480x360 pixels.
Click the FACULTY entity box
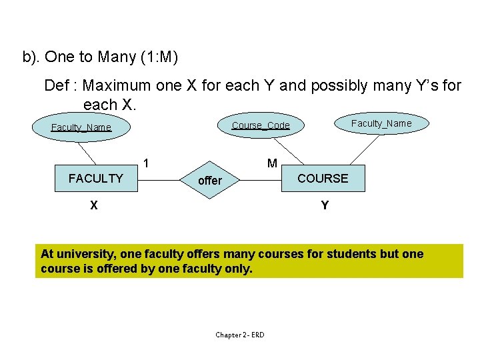[x=96, y=179]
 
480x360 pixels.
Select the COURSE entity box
[x=323, y=178]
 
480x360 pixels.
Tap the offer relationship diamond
[x=210, y=180]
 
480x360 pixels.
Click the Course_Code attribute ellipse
[x=261, y=125]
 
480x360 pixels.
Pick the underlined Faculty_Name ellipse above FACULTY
[x=81, y=127]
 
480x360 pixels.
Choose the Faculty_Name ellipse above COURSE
[x=381, y=123]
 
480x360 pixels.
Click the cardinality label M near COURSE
[x=272, y=163]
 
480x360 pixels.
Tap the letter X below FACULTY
[x=95, y=205]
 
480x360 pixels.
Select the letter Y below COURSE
[x=325, y=205]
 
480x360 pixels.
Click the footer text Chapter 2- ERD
[x=239, y=335]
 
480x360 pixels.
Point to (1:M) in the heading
[x=159, y=57]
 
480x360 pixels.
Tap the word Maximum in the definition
[x=117, y=86]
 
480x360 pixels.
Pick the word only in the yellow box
[x=239, y=269]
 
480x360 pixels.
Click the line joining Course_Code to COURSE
[x=287, y=148]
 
